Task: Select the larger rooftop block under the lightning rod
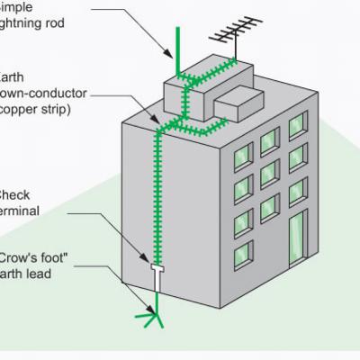(193, 94)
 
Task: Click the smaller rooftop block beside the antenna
(237, 102)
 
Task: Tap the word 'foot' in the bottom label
(62, 256)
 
